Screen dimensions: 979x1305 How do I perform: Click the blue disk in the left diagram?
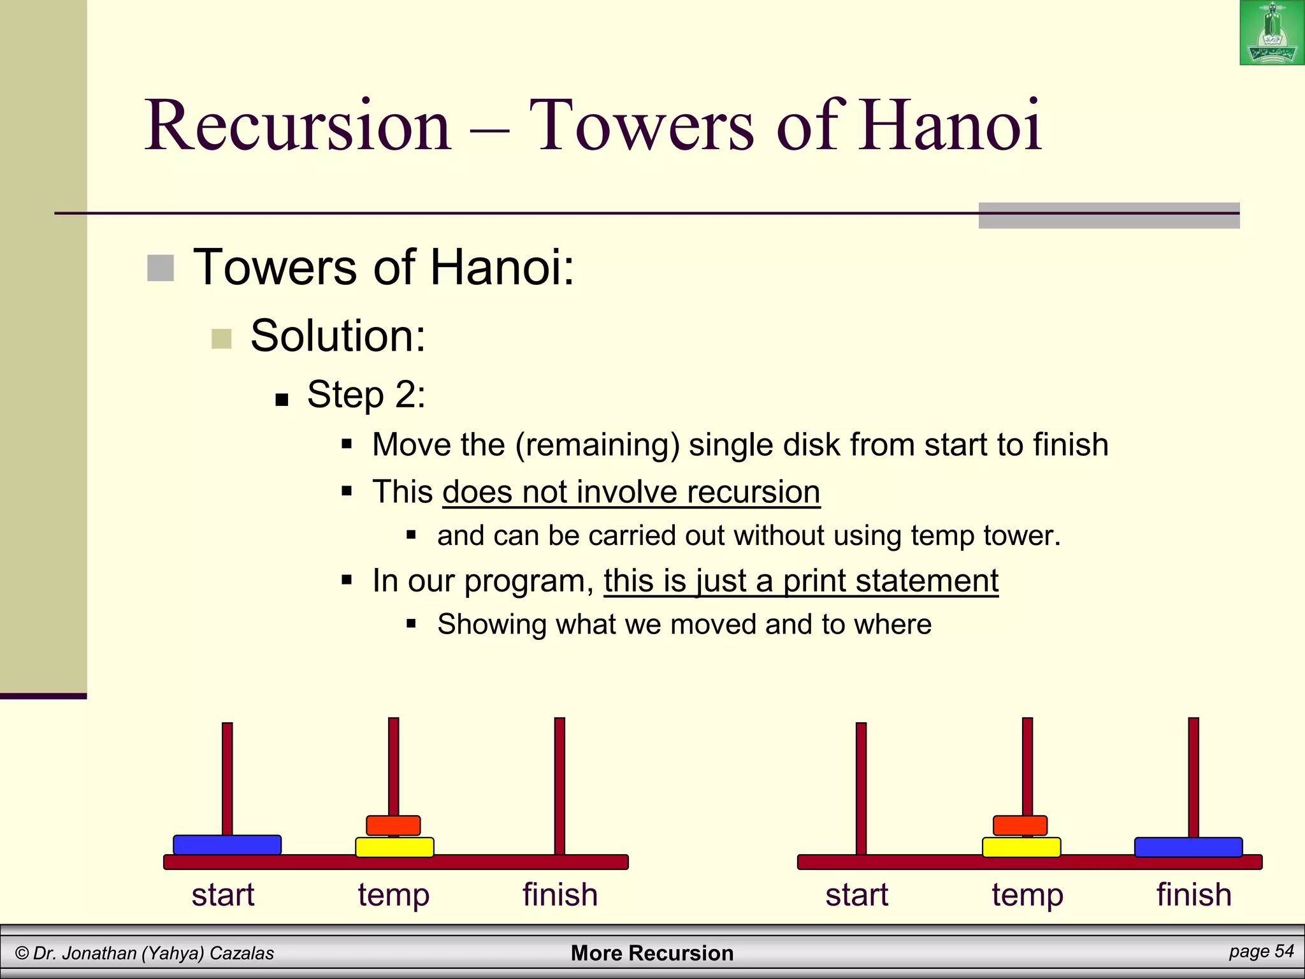click(227, 845)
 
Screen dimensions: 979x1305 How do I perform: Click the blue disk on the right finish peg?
click(1188, 847)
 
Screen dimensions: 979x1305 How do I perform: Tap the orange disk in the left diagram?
click(393, 825)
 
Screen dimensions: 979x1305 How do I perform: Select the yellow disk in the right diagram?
click(1021, 848)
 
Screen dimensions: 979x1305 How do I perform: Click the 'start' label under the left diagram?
click(223, 894)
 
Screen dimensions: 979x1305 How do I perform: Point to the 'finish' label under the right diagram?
click(1193, 894)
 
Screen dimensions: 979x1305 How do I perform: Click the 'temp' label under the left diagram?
click(394, 896)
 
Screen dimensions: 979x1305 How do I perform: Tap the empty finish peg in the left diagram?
click(559, 784)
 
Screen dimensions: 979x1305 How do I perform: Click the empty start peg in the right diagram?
click(861, 787)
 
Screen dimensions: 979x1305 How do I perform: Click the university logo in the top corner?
click(1271, 33)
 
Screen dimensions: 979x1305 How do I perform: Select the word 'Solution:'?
click(338, 336)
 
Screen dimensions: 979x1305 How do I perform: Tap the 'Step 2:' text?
click(366, 395)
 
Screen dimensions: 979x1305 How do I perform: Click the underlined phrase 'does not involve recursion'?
click(631, 492)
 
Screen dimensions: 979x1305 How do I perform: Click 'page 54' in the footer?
click(1261, 952)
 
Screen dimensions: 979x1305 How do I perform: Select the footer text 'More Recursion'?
click(652, 953)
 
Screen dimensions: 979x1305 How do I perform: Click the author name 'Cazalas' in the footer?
click(242, 954)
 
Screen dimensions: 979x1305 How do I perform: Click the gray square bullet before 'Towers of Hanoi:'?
click(160, 268)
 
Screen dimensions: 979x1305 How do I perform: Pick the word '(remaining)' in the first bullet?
click(598, 445)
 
